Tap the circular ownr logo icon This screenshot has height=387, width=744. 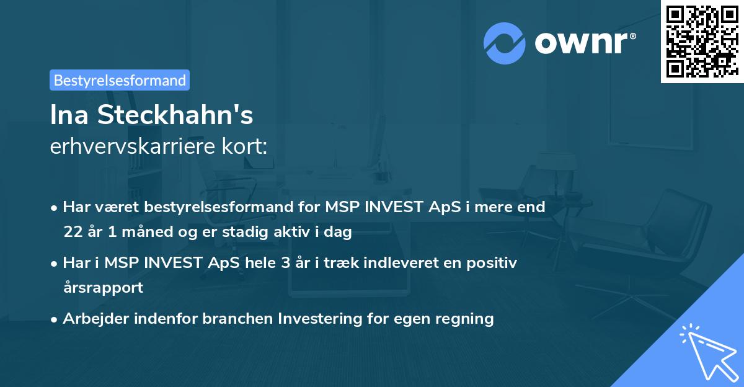pyautogui.click(x=505, y=43)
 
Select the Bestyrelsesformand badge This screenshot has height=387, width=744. pyautogui.click(x=120, y=80)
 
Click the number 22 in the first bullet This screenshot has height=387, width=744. pyautogui.click(x=73, y=233)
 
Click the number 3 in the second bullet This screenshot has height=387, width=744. pyautogui.click(x=285, y=262)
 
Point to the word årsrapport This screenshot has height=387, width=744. pyautogui.click(x=103, y=287)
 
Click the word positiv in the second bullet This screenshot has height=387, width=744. pyautogui.click(x=492, y=262)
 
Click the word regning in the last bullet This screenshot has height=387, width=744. pyautogui.click(x=467, y=319)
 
